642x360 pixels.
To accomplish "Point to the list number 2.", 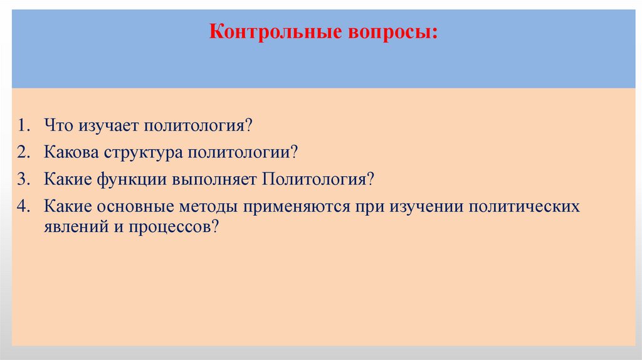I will pyautogui.click(x=23, y=152).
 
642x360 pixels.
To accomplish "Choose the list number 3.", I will pyautogui.click(x=23, y=179).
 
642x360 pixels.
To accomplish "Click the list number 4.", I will pyautogui.click(x=23, y=207).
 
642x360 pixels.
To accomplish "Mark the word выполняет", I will pyautogui.click(x=211, y=179).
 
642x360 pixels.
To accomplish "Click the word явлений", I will pyautogui.click(x=73, y=227).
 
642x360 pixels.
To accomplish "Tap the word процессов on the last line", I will pyautogui.click(x=171, y=227).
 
